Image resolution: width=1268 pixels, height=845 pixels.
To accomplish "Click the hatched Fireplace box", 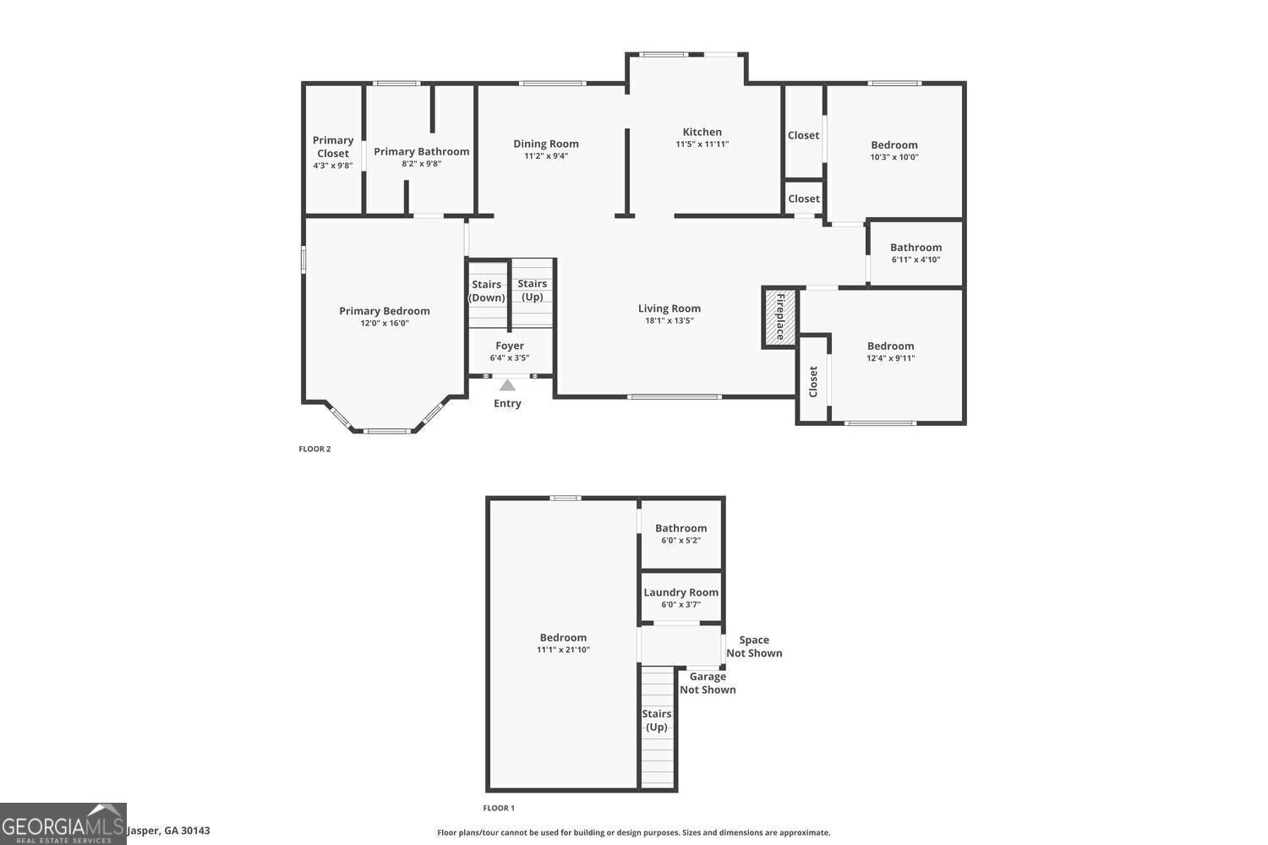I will point(779,317).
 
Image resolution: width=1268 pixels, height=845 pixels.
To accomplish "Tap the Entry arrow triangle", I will point(507,385).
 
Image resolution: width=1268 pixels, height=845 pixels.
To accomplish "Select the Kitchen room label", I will point(702,132).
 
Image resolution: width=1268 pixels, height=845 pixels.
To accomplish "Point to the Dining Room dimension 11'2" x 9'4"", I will point(546,155).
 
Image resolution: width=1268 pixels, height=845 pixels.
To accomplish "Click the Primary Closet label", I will point(333,147).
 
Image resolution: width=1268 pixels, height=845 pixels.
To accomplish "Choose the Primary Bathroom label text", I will point(421,151).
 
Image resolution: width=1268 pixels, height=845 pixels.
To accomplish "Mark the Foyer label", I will point(510,346).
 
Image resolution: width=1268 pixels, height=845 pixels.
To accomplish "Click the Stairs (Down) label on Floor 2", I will point(487,291).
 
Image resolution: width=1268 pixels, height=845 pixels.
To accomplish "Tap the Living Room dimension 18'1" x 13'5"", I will point(670,321).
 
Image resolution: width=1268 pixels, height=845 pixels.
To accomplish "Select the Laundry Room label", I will point(681,592).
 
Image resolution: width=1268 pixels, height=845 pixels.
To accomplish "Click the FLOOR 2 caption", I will point(314,449).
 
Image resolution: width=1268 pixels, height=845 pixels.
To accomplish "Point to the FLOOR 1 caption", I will point(499,809).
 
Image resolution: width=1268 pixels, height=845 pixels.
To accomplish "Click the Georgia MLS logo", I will point(63,824).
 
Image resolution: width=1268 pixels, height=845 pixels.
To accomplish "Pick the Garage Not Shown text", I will point(708,683).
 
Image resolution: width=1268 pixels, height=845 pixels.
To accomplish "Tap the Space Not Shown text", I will point(754,646).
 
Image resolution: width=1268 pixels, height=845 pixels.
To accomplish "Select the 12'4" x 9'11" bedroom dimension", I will point(891,358).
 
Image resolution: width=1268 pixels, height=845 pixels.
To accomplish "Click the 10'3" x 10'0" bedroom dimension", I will point(894,157).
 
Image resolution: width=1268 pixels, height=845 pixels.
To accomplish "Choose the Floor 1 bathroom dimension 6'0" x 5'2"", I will point(680,541).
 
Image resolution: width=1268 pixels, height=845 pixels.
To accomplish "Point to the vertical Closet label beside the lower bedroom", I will point(813,381).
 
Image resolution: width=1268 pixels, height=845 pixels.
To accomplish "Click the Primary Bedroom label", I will point(385,311).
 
